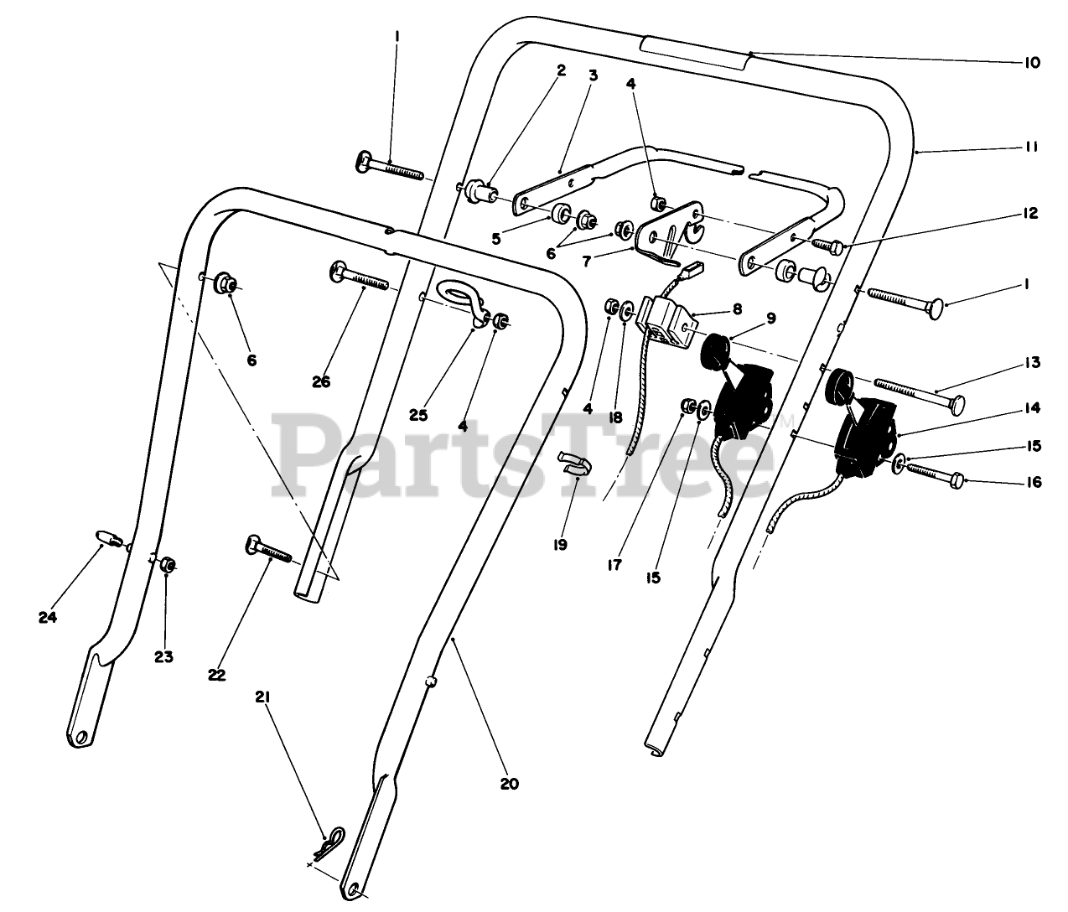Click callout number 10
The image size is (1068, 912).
[1030, 63]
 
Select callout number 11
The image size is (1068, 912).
[1030, 147]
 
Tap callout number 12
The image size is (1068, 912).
[1030, 213]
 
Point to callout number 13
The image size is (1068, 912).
[1030, 362]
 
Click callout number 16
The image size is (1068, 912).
[1033, 482]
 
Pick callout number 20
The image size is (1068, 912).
[510, 784]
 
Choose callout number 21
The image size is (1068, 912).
[263, 697]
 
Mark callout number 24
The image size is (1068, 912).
[47, 617]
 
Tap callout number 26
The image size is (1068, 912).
[321, 381]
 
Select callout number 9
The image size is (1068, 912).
[770, 318]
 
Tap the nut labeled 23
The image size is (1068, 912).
[167, 564]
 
